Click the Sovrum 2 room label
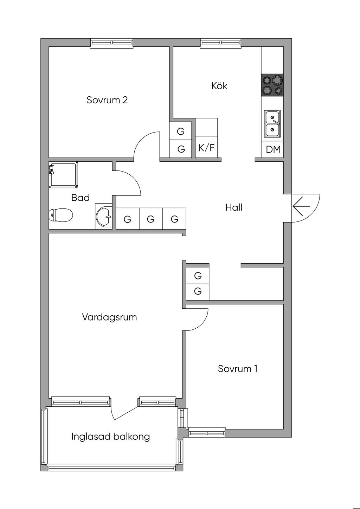coord(107,100)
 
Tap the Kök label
coord(219,86)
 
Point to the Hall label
coord(234,207)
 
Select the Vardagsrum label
coord(110,317)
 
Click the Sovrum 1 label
coord(238,369)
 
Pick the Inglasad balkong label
coord(111,437)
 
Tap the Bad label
coord(81,198)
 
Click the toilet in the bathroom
coord(60,215)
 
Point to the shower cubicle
coord(63,175)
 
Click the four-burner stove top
coord(272,85)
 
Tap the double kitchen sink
coord(272,124)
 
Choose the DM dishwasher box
coord(272,149)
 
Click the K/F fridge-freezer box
coord(206,148)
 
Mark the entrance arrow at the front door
coord(301,206)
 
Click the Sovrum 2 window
coord(111,43)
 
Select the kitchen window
coord(220,43)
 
